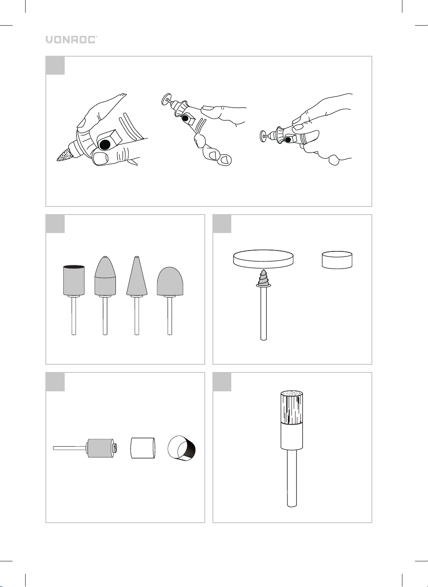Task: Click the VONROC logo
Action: [x=71, y=40]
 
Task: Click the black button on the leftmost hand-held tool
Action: [x=105, y=144]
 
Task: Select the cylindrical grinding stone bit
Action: [x=74, y=300]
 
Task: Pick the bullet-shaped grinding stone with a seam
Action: [x=105, y=295]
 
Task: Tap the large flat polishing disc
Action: [x=263, y=259]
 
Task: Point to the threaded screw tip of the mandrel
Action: [x=263, y=278]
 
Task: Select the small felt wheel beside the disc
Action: [x=337, y=260]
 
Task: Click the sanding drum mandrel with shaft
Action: [x=86, y=448]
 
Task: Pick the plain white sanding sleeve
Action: [x=142, y=448]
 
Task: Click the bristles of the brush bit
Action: [x=292, y=408]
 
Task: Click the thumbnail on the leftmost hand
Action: [x=101, y=158]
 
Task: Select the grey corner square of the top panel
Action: [x=55, y=65]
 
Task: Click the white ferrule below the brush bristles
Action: [x=292, y=437]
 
